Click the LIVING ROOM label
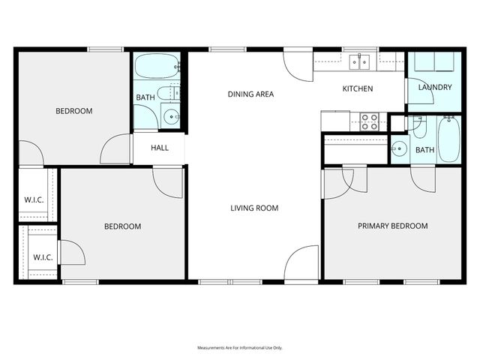tap(254, 208)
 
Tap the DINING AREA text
tap(250, 94)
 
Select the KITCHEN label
tap(358, 89)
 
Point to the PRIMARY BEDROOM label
tap(392, 226)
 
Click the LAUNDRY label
tap(435, 88)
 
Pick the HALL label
tap(160, 148)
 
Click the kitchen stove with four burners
tap(370, 121)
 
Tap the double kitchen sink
tap(361, 61)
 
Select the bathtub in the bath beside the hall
tap(157, 67)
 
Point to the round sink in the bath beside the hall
tap(171, 116)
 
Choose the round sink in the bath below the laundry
tap(399, 148)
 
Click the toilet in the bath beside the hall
tap(173, 93)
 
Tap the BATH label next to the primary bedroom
tap(424, 150)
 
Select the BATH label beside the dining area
tap(145, 98)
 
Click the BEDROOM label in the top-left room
tap(74, 111)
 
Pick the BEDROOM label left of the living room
tap(122, 226)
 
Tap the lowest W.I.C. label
tap(43, 257)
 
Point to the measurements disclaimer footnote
tap(239, 348)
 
